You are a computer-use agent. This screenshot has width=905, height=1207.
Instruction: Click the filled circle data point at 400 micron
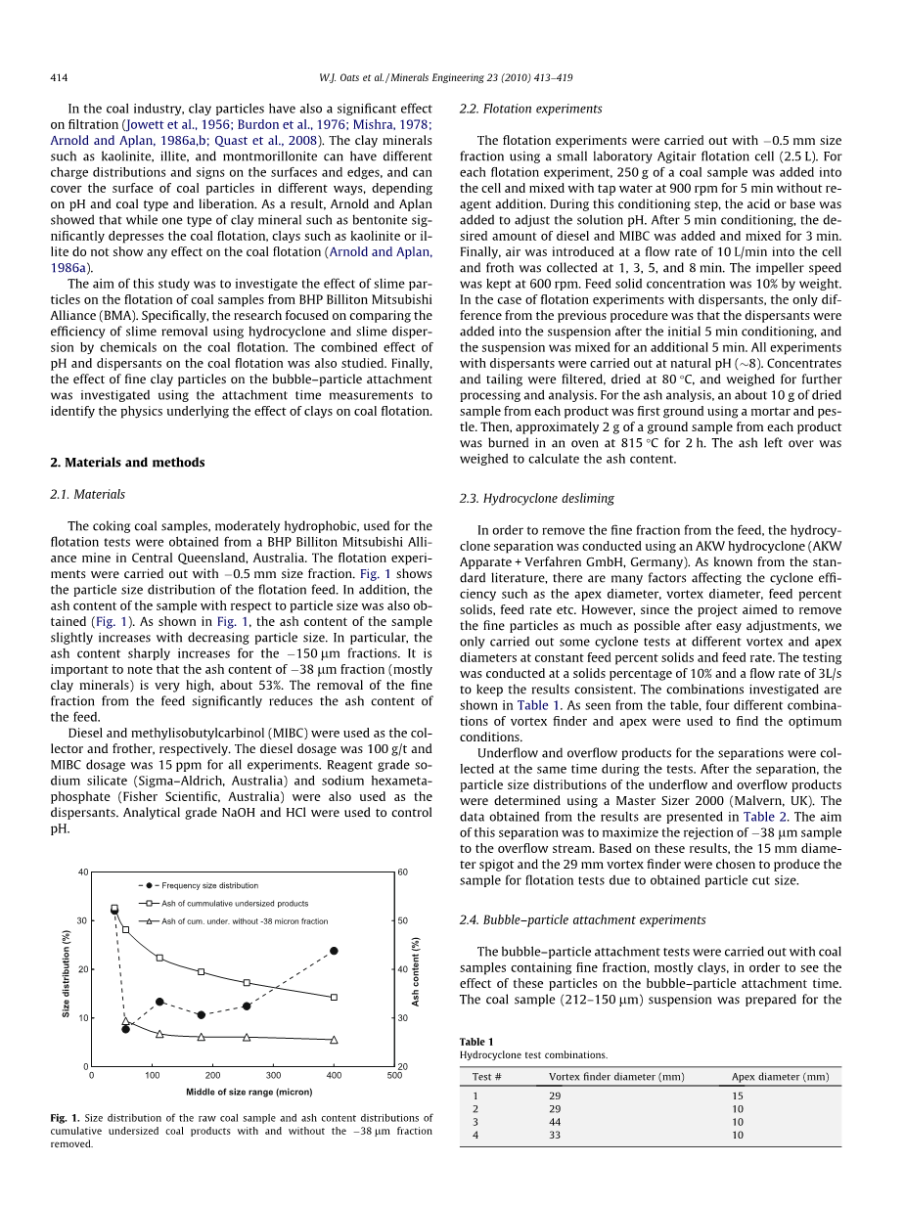(334, 951)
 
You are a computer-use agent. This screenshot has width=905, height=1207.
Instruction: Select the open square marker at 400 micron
(334, 998)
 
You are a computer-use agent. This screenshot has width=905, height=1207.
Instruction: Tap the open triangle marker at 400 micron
(334, 1040)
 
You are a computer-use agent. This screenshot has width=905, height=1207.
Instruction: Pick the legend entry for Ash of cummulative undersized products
(234, 903)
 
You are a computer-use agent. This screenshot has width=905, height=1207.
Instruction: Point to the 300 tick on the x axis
(273, 1075)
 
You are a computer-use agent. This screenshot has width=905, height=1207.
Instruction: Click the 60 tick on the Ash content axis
(403, 872)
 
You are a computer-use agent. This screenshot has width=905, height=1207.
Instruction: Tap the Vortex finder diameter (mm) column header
(616, 1077)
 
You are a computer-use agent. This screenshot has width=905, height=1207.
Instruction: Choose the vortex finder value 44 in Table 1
(556, 1123)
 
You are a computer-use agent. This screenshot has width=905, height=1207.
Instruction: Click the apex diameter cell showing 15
(738, 1096)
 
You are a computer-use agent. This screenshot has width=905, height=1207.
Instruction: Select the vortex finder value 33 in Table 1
(556, 1136)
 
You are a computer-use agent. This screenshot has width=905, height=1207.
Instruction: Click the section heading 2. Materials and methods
(127, 463)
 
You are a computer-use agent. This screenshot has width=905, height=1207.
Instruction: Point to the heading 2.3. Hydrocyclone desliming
(536, 499)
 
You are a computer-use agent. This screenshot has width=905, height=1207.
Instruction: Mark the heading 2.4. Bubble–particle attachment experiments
(582, 920)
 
